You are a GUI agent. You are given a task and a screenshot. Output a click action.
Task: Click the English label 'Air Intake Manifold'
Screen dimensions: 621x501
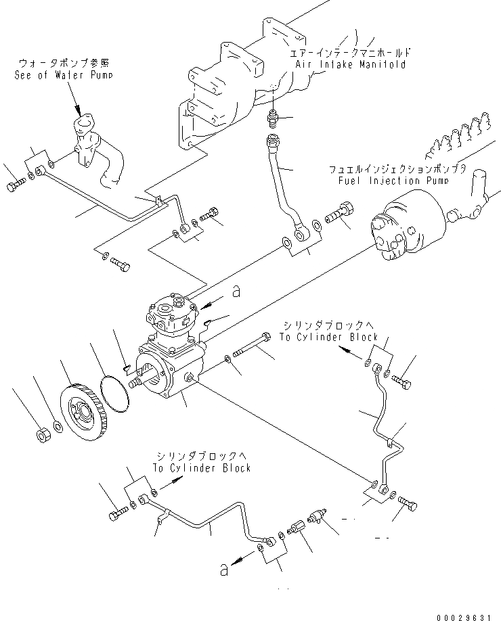(350, 64)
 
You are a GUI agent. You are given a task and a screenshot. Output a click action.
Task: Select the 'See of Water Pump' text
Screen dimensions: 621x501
(64, 75)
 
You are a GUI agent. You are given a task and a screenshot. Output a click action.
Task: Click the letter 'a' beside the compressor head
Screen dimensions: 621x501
(236, 292)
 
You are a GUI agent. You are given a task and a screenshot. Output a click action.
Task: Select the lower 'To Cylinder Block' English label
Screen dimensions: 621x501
(201, 467)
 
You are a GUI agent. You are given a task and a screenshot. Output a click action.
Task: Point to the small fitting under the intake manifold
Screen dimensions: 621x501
(272, 118)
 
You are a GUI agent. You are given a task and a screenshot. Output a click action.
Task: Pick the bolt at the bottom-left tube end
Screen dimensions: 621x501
(117, 515)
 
